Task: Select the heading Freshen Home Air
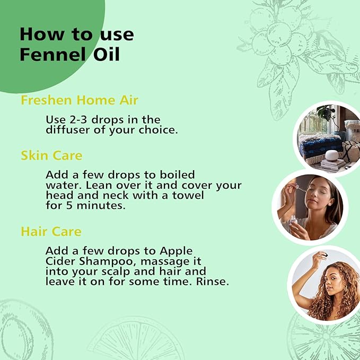(x=79, y=100)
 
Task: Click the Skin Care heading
(x=51, y=155)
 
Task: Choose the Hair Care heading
(x=51, y=232)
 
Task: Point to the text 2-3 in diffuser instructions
(x=76, y=120)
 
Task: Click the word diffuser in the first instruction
(x=67, y=129)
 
